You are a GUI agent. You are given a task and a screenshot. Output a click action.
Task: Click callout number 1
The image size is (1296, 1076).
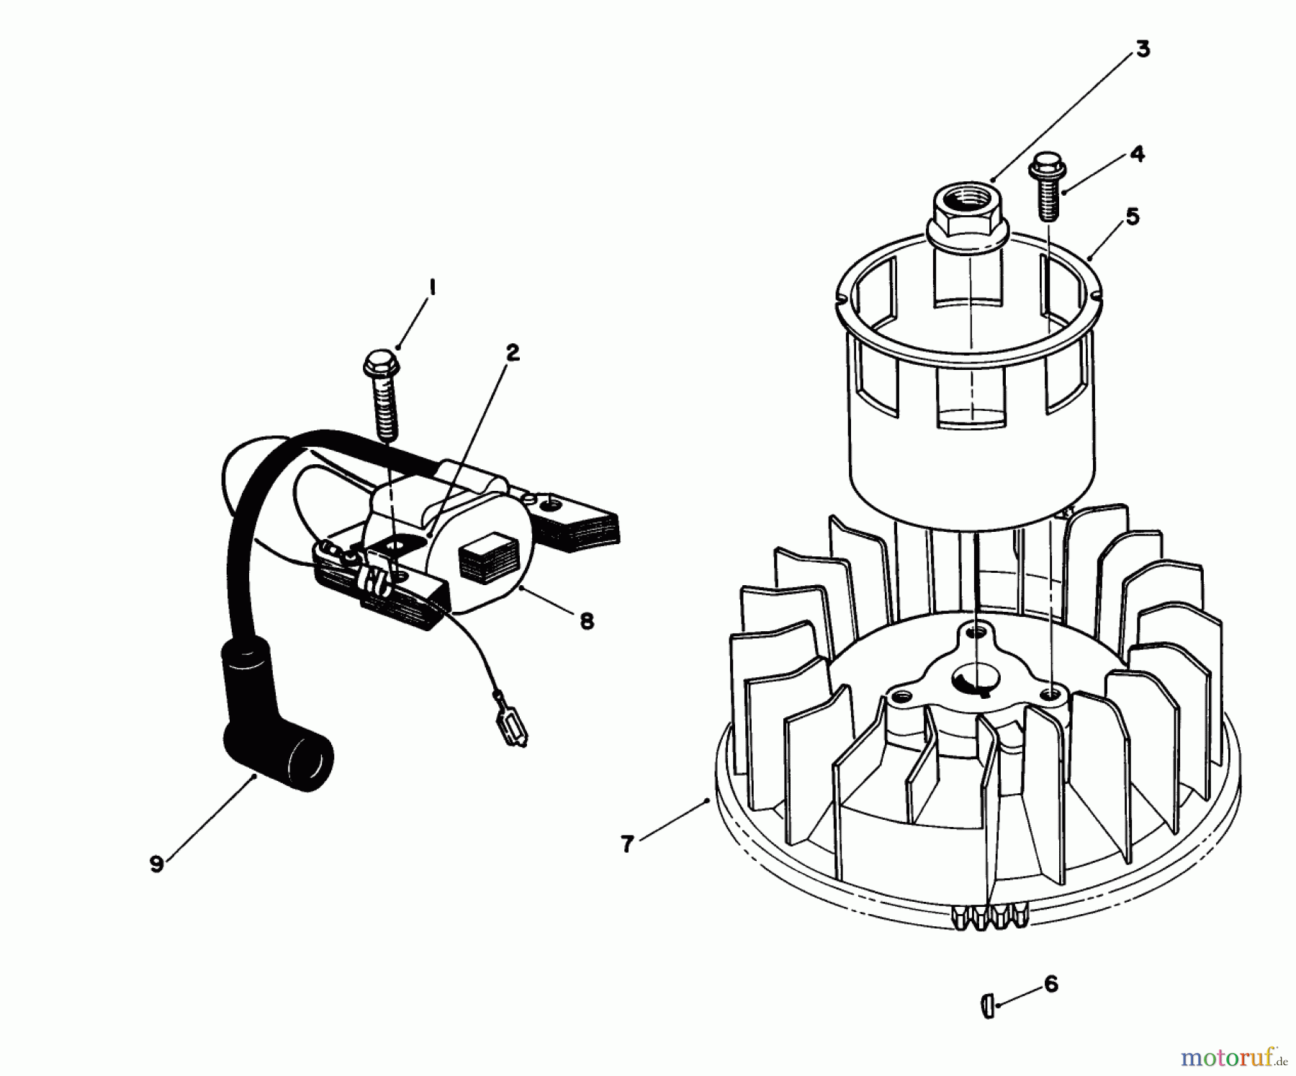(432, 288)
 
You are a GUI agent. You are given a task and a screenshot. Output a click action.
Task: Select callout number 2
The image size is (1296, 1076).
(512, 353)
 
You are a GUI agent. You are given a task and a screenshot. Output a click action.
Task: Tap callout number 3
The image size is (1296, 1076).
(1143, 49)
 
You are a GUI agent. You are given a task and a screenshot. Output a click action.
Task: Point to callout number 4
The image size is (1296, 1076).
(1136, 154)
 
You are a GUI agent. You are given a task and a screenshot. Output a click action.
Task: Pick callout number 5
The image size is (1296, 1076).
(1133, 216)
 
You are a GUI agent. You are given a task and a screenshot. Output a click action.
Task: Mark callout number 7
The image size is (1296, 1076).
(627, 844)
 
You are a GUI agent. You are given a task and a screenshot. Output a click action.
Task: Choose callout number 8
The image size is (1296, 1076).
(587, 621)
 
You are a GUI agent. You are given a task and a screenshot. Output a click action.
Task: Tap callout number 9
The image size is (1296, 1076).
(156, 864)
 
